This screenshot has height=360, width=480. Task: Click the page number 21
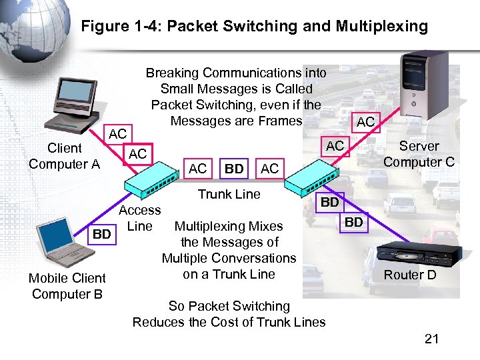(431, 339)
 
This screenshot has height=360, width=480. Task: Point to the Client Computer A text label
(64, 156)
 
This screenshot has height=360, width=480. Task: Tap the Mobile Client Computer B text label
(67, 286)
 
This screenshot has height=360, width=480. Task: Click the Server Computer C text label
(419, 154)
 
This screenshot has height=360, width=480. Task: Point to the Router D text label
(410, 275)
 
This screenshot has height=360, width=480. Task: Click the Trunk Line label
(229, 194)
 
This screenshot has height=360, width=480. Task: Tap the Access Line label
(139, 218)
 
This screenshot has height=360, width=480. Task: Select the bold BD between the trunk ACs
(233, 169)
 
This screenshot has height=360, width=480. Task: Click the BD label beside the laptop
(101, 235)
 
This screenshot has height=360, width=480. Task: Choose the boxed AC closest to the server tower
(365, 121)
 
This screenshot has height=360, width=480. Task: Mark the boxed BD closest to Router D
(354, 222)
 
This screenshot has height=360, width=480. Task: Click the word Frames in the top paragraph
(280, 121)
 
